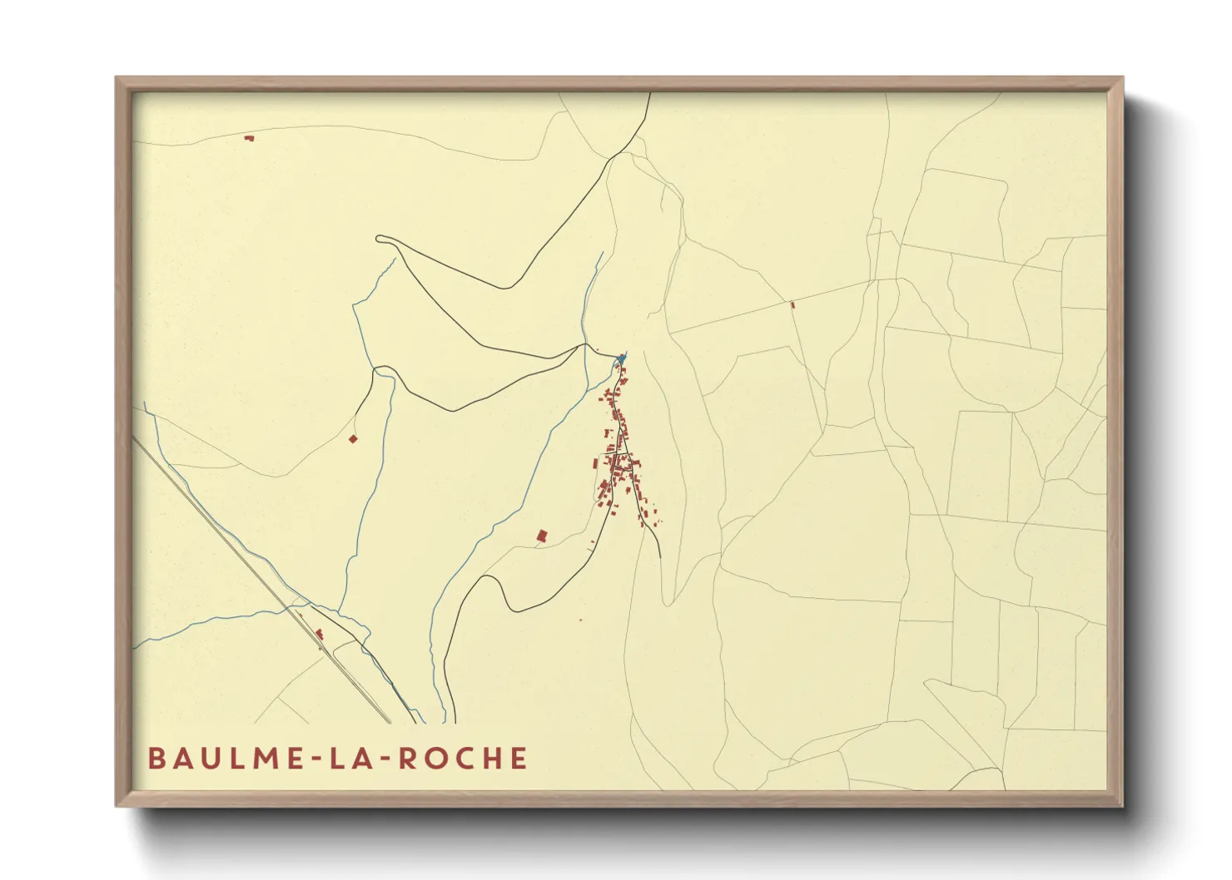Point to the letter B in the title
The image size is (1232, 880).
click(x=156, y=759)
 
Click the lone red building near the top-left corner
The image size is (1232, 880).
click(x=248, y=138)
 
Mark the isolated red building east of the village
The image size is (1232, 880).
click(x=792, y=305)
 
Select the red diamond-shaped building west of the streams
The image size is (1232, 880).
click(x=353, y=438)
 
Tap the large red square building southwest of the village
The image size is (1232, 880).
click(x=542, y=536)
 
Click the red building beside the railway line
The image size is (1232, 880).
click(x=320, y=634)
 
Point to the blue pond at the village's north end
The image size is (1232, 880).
click(x=620, y=359)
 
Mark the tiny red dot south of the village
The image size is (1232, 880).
click(x=580, y=620)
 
